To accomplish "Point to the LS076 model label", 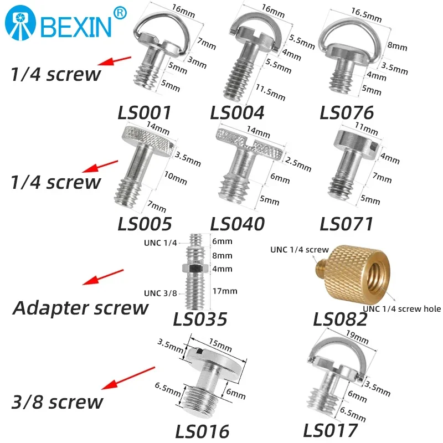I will [347, 112].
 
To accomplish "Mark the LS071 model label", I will [347, 224].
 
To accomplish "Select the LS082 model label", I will [340, 320].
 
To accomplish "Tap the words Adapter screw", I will [80, 307].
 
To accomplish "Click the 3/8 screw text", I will [57, 401].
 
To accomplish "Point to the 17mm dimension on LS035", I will [226, 291].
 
